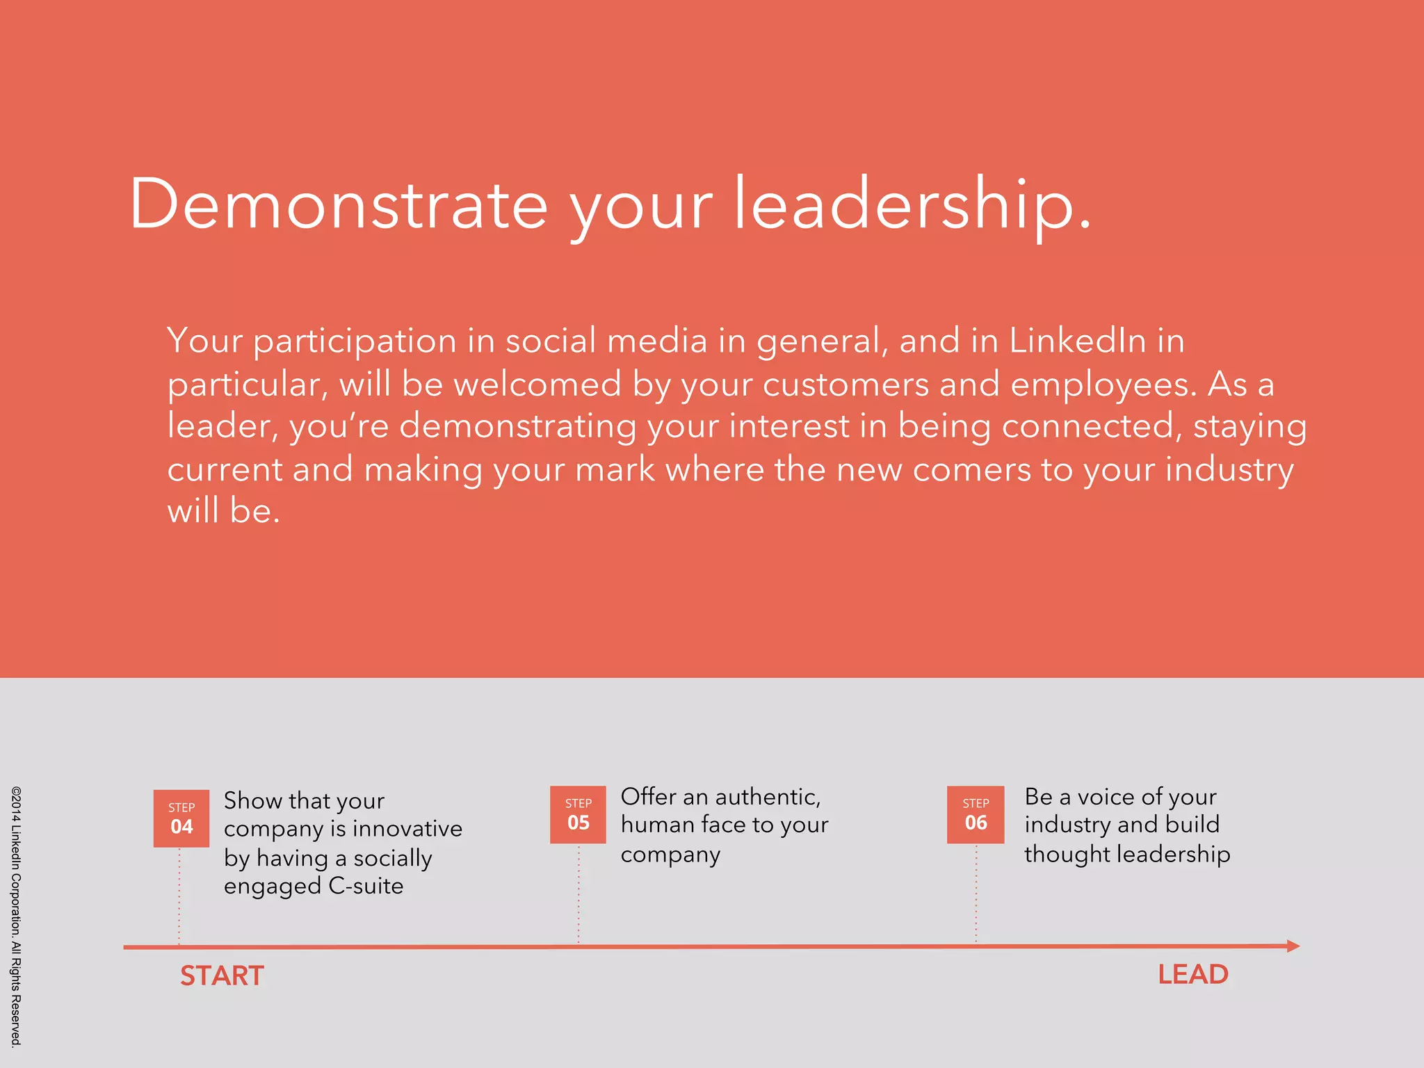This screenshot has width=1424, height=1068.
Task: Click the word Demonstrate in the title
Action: tap(339, 204)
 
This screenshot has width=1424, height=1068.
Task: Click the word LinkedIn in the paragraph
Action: tap(1077, 341)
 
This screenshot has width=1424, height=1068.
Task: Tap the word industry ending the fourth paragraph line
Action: tap(1229, 469)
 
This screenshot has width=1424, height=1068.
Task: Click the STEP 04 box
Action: tap(181, 818)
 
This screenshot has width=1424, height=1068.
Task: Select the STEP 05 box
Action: tap(578, 814)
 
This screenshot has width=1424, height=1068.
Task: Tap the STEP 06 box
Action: tap(976, 814)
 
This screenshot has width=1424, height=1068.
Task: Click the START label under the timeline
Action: tap(222, 976)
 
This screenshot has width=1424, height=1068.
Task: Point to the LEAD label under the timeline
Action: tap(1193, 974)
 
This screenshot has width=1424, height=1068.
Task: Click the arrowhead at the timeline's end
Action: tap(1293, 946)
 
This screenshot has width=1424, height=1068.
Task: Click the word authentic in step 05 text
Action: tap(768, 797)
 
